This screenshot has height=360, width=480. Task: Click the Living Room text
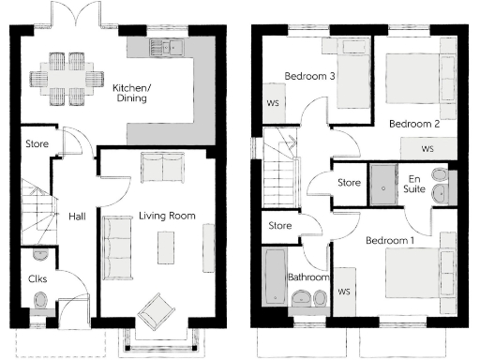click(167, 216)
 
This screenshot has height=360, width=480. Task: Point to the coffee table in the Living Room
click(167, 247)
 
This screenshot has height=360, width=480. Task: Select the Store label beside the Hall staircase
click(36, 144)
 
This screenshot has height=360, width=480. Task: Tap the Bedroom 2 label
click(413, 124)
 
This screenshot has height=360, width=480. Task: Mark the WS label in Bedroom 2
click(427, 149)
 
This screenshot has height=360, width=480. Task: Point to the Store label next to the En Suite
click(349, 182)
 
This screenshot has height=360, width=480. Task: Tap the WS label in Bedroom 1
click(343, 292)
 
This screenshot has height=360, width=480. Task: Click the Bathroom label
click(307, 277)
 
